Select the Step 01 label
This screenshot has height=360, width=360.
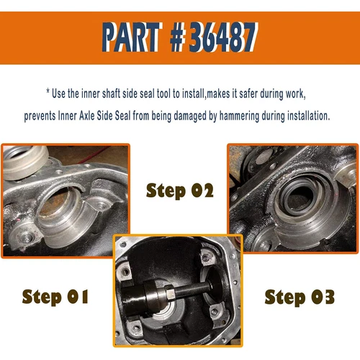point(55,296)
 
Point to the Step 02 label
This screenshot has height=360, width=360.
point(179,191)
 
